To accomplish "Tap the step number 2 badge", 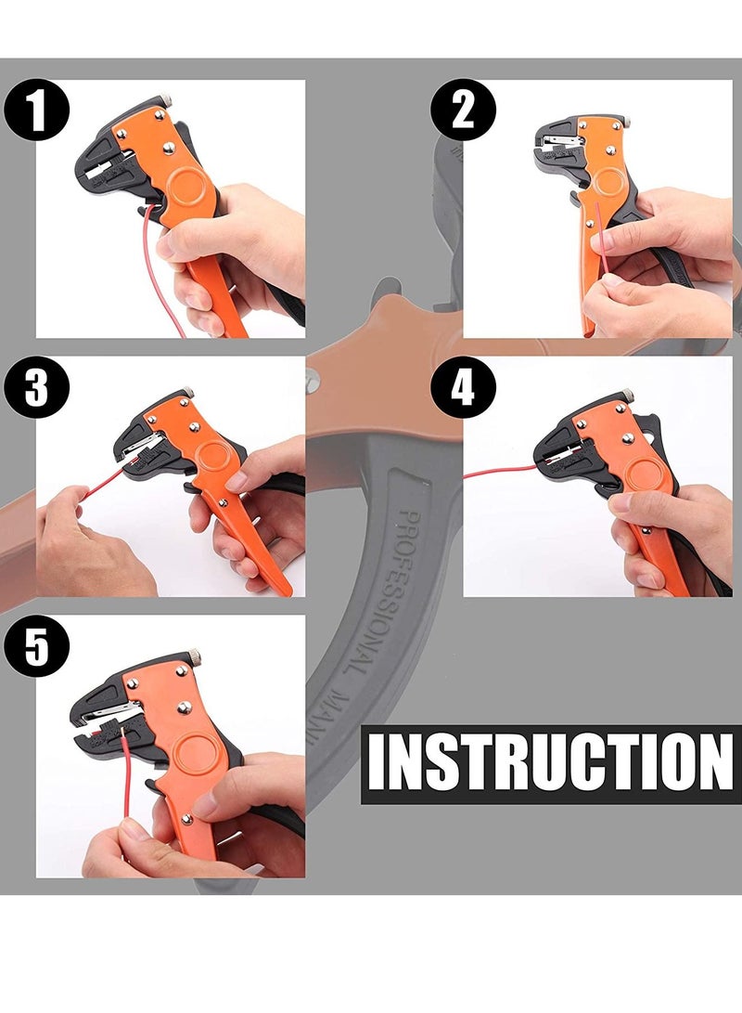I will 463,110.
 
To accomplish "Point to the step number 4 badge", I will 463,387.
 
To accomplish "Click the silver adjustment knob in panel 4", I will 628,396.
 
